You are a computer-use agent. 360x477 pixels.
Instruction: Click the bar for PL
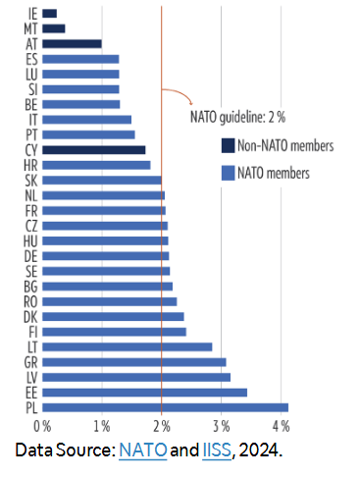[165, 406]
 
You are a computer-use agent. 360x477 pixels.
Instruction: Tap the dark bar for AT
[72, 43]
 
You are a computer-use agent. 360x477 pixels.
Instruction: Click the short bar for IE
[49, 13]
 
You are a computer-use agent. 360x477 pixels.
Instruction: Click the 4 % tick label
[281, 426]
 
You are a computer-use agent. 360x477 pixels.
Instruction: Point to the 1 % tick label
[101, 426]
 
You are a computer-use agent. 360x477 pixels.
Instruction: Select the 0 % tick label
[41, 426]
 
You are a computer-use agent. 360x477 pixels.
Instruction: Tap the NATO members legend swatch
[227, 174]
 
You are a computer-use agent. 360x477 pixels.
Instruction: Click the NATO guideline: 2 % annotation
[236, 116]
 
